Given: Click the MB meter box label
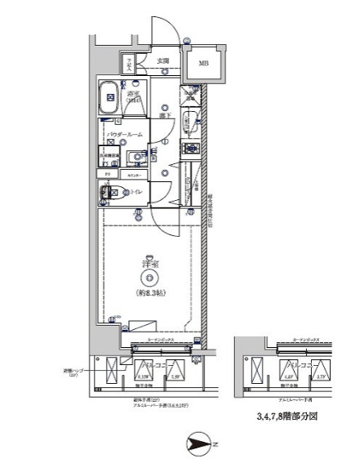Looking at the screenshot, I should coord(201,65).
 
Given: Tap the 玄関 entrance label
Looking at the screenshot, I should coord(163,61).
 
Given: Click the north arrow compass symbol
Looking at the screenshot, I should coord(199,444).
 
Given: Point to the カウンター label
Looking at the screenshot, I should coord(133,175).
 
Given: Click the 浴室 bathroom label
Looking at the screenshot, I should coord(136,96).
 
